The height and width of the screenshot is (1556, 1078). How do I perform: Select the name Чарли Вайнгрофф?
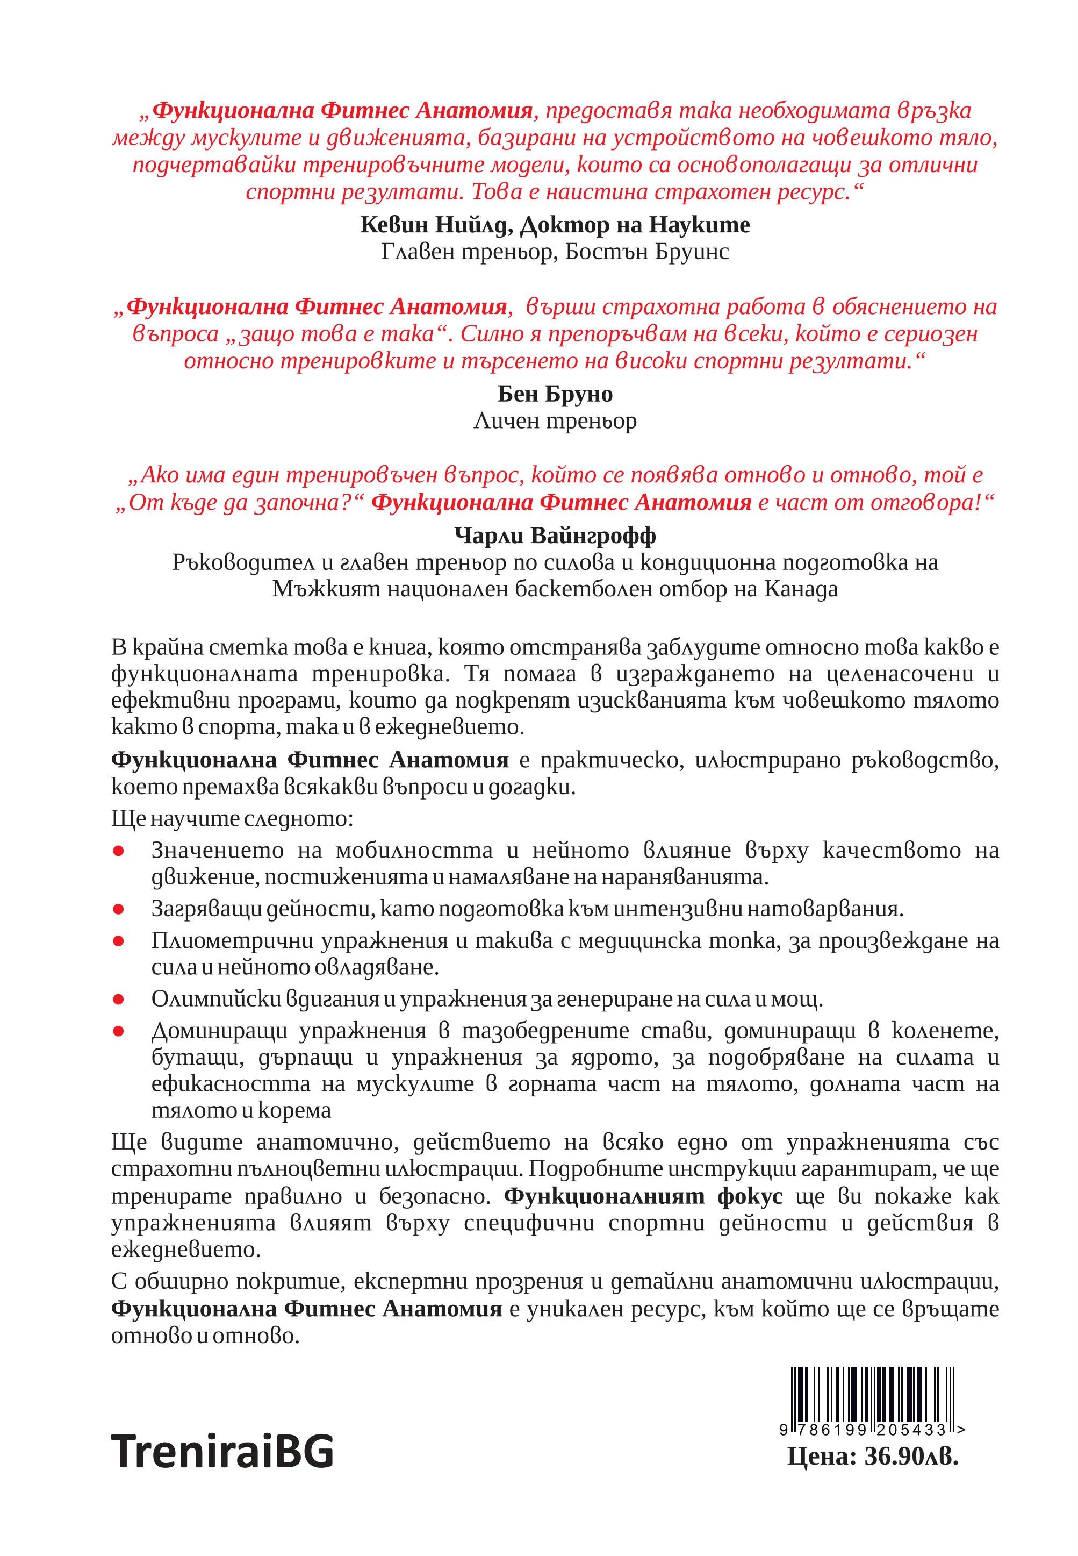(555, 536)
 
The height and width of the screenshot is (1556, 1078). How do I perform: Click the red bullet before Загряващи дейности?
(118, 911)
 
